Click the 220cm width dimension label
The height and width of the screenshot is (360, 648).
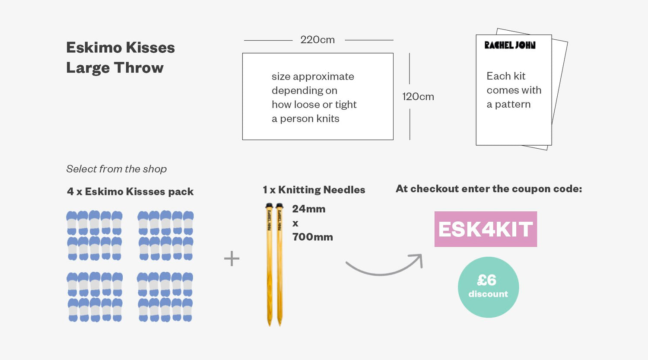[318, 40]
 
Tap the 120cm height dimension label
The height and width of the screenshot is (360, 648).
[418, 97]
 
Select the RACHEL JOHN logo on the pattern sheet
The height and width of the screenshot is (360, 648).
[510, 45]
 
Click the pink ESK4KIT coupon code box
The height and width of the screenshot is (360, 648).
[486, 229]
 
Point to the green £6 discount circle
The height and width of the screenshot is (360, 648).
[488, 287]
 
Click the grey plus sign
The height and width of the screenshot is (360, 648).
[232, 258]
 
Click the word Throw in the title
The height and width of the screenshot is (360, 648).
[139, 68]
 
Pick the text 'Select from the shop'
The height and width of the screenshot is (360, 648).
[116, 169]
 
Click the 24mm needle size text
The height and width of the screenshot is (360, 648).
[309, 209]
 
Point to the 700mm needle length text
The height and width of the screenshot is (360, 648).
[312, 237]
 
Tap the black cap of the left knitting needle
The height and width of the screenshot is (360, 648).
[269, 205]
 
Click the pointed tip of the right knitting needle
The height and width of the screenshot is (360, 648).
[280, 325]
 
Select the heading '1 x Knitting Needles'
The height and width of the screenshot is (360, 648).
[314, 190]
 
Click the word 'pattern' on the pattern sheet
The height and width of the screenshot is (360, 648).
[513, 105]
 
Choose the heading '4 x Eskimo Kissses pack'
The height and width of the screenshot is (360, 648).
[130, 191]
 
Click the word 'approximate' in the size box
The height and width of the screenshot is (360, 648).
[324, 77]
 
